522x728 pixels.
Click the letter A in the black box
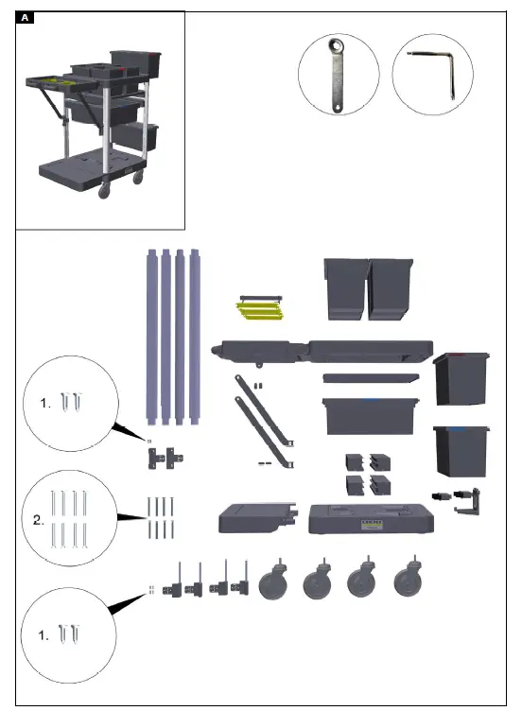(26, 18)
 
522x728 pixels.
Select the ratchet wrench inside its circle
(338, 75)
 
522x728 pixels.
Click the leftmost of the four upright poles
(150, 335)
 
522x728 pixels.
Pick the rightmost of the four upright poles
(197, 335)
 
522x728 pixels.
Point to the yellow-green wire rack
(259, 308)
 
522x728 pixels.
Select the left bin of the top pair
(345, 288)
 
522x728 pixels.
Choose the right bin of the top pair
(391, 288)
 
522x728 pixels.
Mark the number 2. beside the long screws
(38, 520)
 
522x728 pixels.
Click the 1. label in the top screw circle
(45, 403)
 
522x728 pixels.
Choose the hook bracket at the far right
(468, 500)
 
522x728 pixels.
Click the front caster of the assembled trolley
(103, 190)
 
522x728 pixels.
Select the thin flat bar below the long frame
(370, 377)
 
